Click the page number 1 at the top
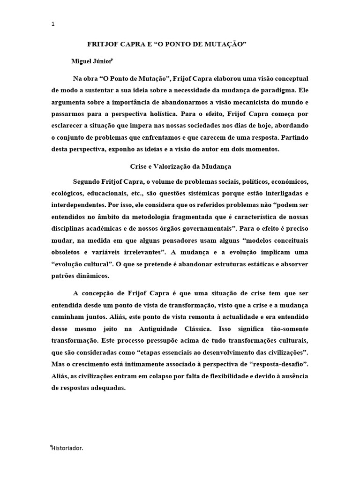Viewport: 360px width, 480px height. point(53,25)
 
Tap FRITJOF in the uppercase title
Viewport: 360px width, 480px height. point(103,44)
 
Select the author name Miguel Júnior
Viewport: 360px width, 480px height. point(91,61)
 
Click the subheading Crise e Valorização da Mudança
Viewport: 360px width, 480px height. point(180,166)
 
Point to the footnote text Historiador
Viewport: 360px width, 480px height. point(67,448)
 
